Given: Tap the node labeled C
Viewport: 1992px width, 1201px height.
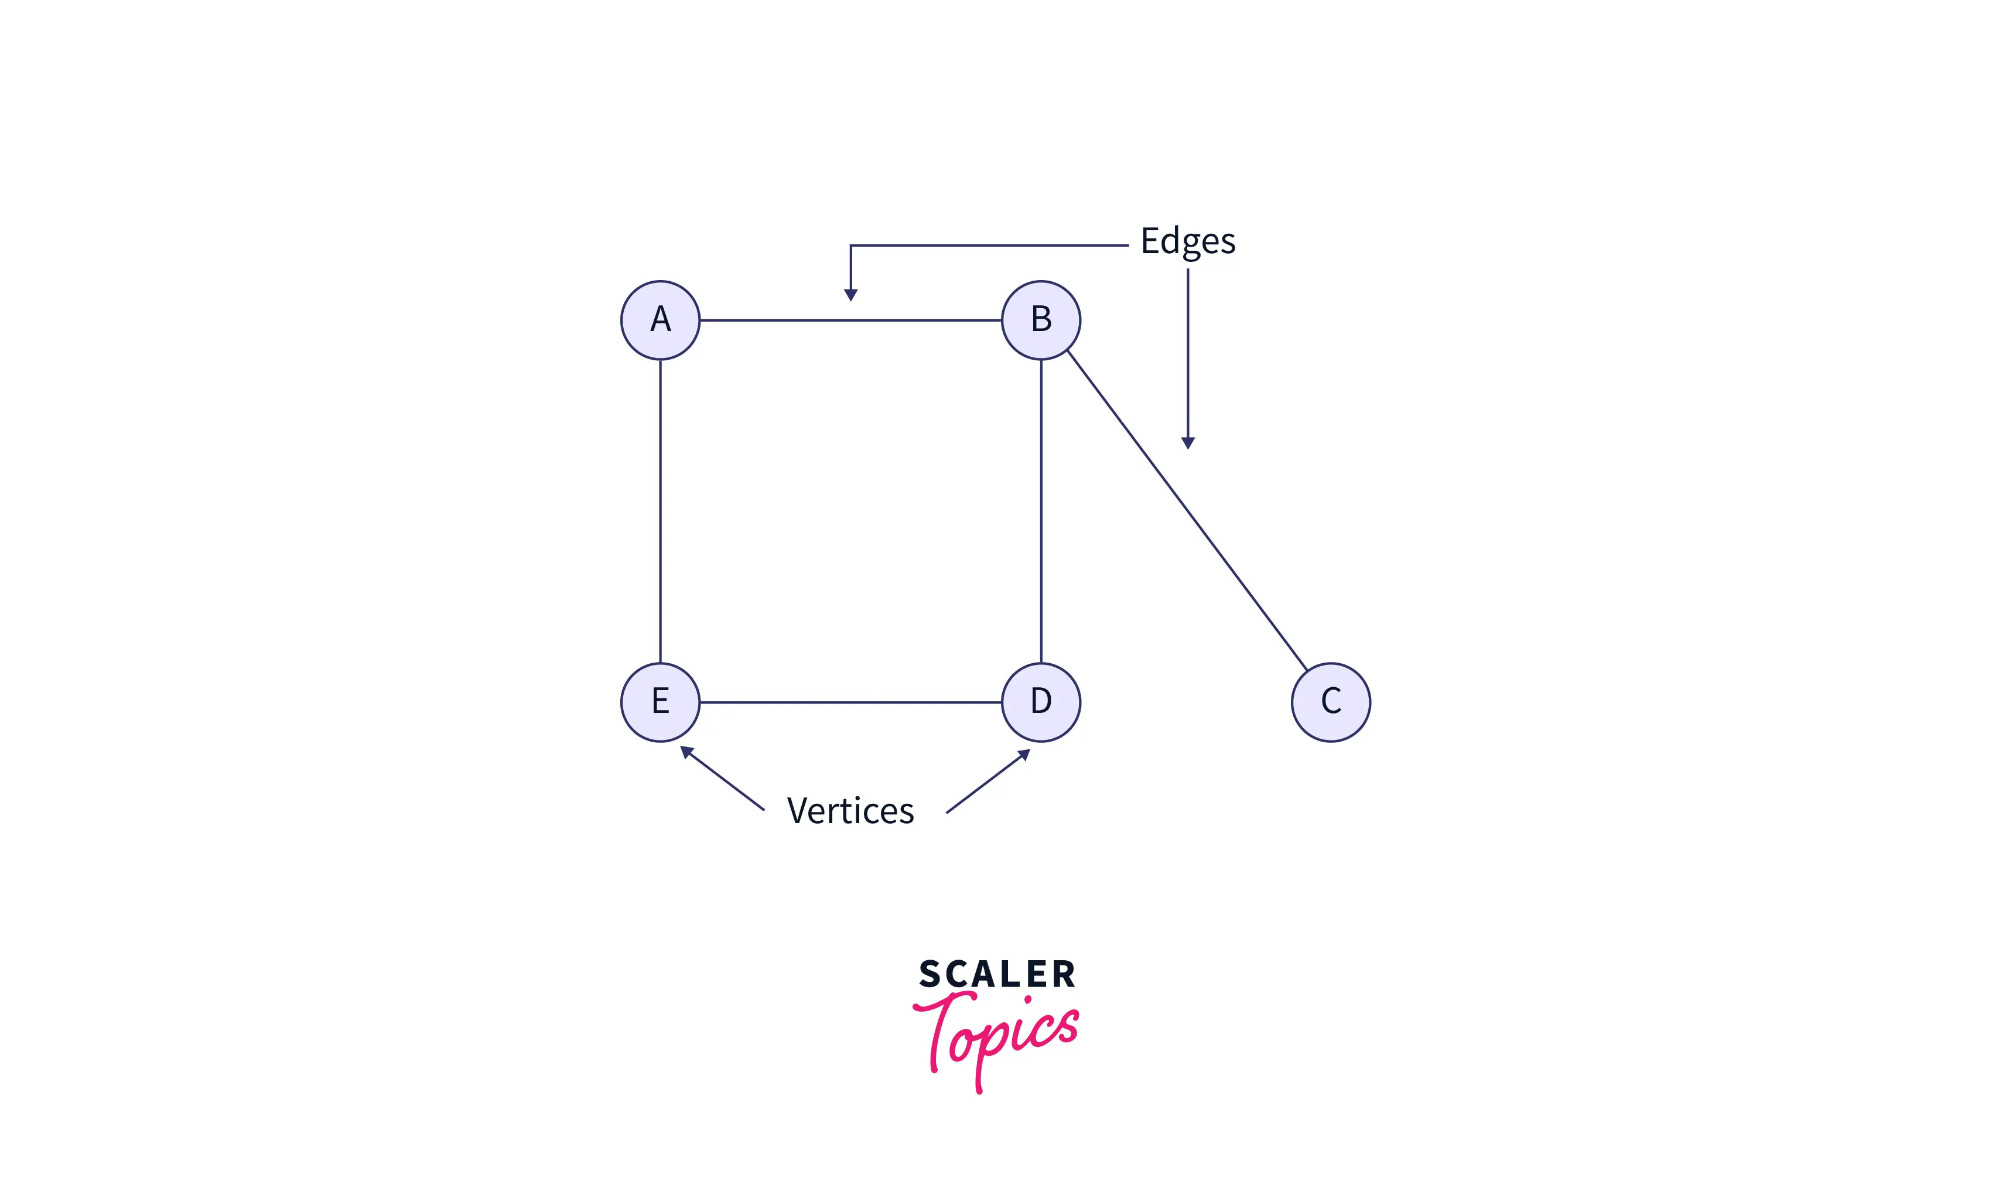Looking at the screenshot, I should click(x=1330, y=701).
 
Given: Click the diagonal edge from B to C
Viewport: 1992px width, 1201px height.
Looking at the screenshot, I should click(x=1186, y=510).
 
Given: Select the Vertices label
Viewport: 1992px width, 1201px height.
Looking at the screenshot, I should click(x=850, y=811).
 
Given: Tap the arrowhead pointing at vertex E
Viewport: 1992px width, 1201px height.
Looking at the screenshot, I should click(x=686, y=752).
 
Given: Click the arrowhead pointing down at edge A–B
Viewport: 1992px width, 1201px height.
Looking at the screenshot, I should click(x=850, y=294).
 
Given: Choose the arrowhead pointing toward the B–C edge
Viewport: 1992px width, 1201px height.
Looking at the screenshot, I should click(x=1188, y=442).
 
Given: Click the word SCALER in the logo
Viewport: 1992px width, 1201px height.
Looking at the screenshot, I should click(x=997, y=974).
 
